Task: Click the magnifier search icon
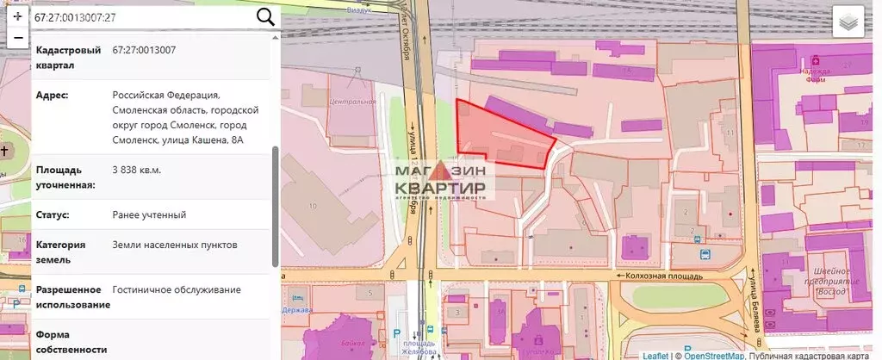pos(266,16)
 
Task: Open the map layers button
pos(848,22)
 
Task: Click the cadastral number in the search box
pos(76,17)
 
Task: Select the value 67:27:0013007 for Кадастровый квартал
pos(144,50)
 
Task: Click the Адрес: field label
pos(53,95)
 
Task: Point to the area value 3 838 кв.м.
pos(137,169)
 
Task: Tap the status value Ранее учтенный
pos(149,214)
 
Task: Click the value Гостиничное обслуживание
pos(177,290)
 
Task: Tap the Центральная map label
pos(353,101)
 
